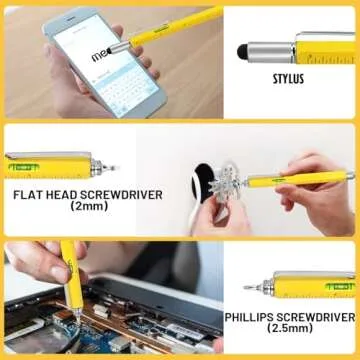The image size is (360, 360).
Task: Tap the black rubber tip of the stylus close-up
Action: click(x=243, y=48)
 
